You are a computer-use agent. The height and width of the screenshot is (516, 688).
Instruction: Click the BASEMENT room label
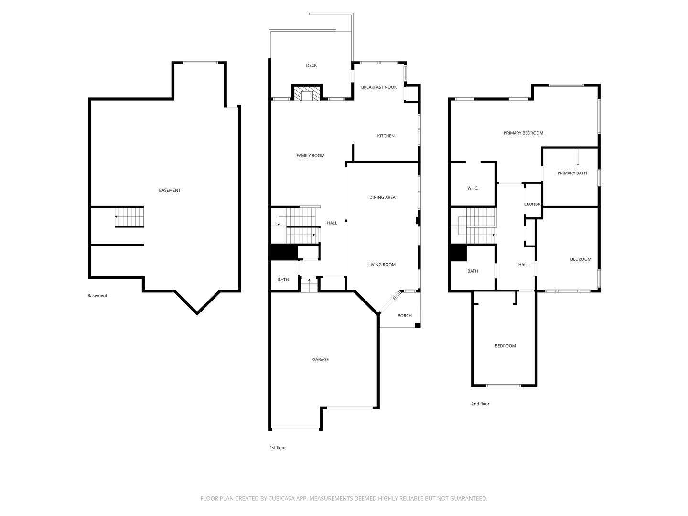click(x=170, y=190)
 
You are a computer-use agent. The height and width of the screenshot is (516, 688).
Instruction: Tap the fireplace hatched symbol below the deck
click(x=307, y=93)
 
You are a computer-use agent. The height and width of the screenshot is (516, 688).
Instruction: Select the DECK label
click(x=311, y=66)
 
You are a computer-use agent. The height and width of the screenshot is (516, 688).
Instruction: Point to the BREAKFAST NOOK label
click(x=379, y=87)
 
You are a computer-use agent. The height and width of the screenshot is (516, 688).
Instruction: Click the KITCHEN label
click(x=386, y=136)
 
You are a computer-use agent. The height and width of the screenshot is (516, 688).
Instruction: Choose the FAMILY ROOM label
click(x=310, y=156)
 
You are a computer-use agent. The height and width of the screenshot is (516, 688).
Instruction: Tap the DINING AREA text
click(x=382, y=197)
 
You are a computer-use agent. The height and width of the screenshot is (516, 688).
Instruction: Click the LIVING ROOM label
click(x=382, y=265)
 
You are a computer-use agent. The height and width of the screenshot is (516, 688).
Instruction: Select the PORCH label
click(x=405, y=316)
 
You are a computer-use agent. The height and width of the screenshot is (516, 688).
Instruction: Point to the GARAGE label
click(x=320, y=360)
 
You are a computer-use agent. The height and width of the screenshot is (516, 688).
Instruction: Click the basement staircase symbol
click(x=129, y=217)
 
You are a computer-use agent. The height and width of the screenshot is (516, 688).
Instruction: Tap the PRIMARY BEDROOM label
click(x=524, y=133)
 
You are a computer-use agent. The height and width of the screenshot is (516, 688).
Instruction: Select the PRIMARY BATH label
click(x=572, y=173)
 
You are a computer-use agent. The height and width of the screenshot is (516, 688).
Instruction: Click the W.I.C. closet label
click(x=473, y=188)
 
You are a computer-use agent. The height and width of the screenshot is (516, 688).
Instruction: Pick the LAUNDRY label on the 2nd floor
click(x=533, y=204)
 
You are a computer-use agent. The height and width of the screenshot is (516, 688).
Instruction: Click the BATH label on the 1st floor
click(x=283, y=280)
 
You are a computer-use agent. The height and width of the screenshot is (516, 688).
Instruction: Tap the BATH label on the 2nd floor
click(x=473, y=271)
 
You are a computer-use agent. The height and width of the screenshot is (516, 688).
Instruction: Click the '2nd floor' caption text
click(x=480, y=404)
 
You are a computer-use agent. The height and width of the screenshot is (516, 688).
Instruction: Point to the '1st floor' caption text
click(x=278, y=448)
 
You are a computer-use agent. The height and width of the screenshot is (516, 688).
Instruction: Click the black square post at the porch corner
click(x=418, y=325)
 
